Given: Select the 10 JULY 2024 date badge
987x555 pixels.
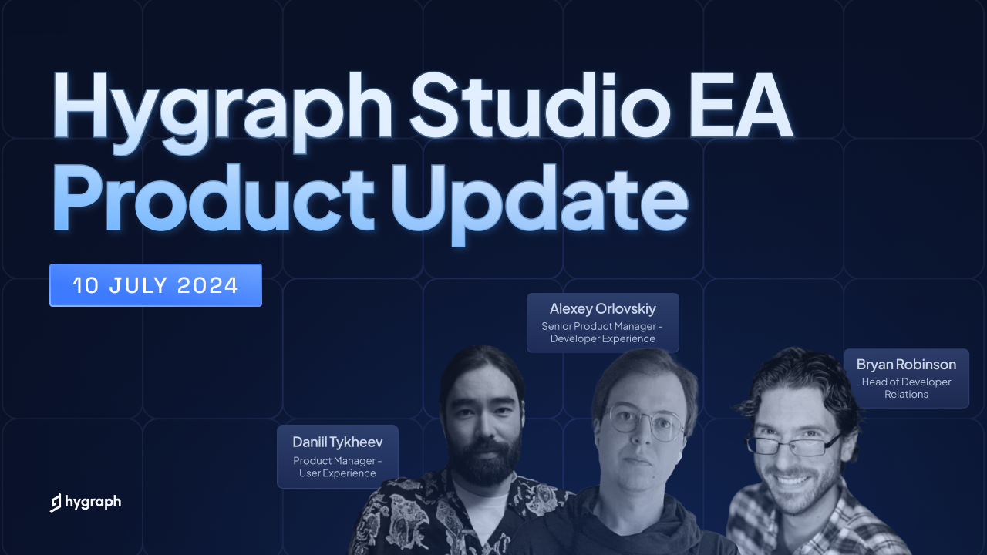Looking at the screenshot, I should (156, 285).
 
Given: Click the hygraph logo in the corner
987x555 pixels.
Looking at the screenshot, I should (86, 502).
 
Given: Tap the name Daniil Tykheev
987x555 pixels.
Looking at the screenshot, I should (338, 442).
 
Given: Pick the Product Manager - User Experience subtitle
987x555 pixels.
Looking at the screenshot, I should (338, 467).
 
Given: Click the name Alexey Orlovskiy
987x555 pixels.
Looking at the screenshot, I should (603, 309).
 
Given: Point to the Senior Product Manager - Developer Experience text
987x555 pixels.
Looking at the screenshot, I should (603, 332).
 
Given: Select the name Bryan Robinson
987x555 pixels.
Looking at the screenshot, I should (906, 365).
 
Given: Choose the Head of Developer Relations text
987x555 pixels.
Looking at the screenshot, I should (906, 388).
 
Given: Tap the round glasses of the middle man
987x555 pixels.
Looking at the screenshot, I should (645, 422).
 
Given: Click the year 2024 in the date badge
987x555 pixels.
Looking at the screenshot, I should (208, 285).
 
